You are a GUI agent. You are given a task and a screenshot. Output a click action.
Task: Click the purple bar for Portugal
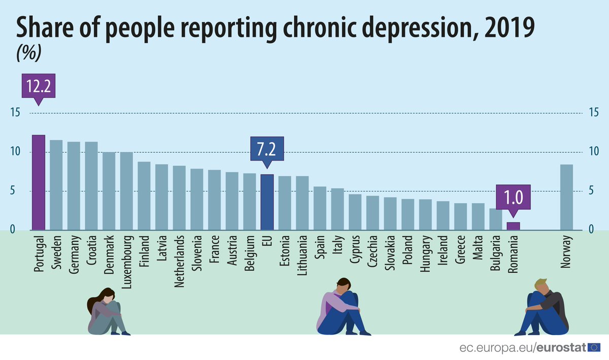tap(39, 182)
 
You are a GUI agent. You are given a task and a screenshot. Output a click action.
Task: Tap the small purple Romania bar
tap(513, 226)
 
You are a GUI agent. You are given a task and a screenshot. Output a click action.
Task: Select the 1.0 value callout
tap(513, 197)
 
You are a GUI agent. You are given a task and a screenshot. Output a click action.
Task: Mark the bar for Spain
tap(320, 208)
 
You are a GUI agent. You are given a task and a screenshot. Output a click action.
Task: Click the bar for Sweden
tap(56, 185)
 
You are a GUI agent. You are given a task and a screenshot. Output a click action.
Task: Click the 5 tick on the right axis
tap(592, 191)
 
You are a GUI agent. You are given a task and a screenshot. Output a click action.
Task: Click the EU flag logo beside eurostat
tap(593, 348)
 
